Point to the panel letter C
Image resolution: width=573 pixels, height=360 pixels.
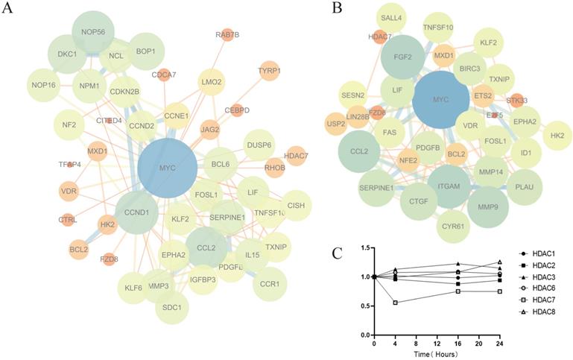pyautogui.click(x=338, y=253)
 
